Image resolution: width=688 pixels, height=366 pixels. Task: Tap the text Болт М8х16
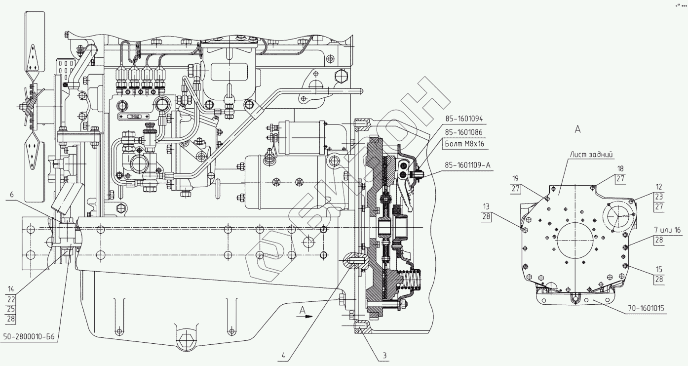pos(464,144)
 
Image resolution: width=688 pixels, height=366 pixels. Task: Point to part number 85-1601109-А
pos(468,165)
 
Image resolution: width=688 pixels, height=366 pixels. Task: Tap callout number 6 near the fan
pos(11,196)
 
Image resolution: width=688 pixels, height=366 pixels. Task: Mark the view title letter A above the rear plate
pos(577,129)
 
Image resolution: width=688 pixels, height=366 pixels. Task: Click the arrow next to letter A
pos(308,317)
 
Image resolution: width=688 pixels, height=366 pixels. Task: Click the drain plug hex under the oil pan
pos(186,340)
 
